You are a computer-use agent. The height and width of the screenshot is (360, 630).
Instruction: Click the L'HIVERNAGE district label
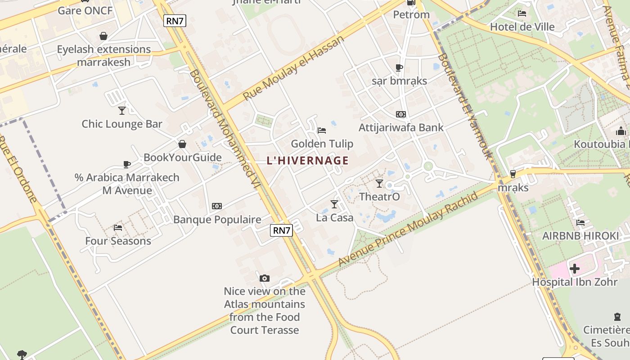(308, 161)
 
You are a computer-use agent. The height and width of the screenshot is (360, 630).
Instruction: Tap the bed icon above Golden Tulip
(322, 130)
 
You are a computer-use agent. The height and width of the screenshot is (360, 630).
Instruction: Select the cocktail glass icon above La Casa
(334, 204)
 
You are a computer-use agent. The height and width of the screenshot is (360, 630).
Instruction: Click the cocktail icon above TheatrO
(379, 183)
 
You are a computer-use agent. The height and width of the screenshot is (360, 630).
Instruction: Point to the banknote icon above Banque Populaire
(217, 206)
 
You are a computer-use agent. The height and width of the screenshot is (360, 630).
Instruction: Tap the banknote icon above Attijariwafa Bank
(400, 114)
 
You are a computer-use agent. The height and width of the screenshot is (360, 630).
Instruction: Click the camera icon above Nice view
(265, 278)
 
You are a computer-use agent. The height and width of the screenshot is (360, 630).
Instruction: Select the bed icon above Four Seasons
(118, 227)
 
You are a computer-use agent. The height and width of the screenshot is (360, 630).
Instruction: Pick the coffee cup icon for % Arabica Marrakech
(127, 164)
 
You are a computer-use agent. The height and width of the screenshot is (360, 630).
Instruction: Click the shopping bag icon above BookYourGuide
(182, 144)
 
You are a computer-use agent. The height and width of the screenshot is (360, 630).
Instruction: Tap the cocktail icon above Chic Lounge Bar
(122, 110)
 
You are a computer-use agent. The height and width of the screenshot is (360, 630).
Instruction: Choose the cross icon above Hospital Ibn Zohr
(575, 269)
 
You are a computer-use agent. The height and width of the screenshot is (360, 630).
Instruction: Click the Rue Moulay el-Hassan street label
(293, 68)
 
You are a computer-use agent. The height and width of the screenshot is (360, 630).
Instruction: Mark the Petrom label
(411, 15)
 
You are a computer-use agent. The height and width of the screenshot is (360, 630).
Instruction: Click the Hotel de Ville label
(522, 27)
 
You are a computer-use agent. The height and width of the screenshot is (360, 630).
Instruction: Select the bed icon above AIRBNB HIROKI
(580, 222)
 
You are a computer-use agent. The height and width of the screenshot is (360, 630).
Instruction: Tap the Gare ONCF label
(85, 11)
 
